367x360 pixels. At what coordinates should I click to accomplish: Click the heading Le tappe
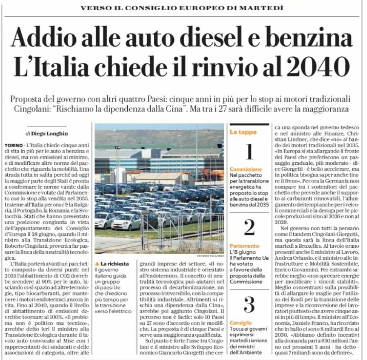point(243,132)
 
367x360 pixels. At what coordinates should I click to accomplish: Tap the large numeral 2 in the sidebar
point(249,227)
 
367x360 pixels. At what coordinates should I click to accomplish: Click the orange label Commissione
point(246,169)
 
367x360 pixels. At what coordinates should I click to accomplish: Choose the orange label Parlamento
point(244,246)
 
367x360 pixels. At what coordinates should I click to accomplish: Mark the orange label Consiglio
point(241,323)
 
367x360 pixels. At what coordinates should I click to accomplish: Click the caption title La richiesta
point(113,264)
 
